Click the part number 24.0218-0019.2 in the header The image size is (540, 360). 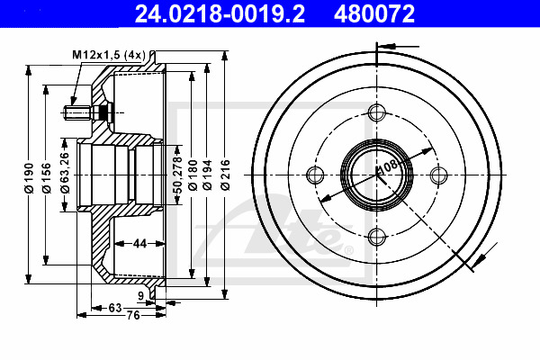(x=220, y=13)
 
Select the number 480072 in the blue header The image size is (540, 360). (x=374, y=13)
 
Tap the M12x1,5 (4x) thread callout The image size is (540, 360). (x=109, y=55)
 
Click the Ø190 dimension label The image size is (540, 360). (x=29, y=178)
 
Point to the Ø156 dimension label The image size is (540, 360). (x=47, y=178)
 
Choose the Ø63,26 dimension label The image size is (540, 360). (x=65, y=172)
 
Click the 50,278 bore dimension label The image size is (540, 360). (x=177, y=175)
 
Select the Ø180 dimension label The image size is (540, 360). (x=193, y=175)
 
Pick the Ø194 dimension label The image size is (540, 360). (x=207, y=175)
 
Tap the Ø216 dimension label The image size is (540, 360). (x=225, y=175)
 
